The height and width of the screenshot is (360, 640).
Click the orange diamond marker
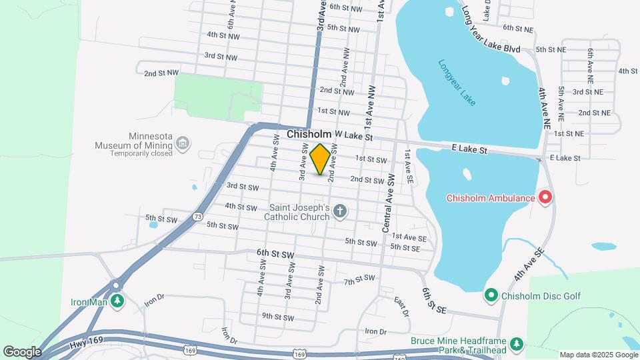pos(320,159)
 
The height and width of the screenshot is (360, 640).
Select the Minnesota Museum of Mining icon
pos(182,143)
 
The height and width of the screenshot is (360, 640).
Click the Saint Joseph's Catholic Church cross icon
pos(340,212)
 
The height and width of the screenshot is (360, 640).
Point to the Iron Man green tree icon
pos(117,301)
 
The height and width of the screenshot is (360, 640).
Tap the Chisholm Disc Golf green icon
pos(491,294)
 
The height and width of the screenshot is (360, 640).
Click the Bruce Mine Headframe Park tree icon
pos(516,344)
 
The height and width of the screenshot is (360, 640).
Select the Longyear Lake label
pos(457,83)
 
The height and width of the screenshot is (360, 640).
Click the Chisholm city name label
pos(309,135)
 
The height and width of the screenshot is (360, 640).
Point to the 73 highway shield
pos(197,217)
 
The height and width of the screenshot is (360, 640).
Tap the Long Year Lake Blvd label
pos(490,31)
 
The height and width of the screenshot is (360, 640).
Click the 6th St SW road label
pos(275,255)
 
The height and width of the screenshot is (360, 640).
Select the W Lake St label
pos(353,135)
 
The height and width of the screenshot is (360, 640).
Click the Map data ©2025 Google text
pos(597,355)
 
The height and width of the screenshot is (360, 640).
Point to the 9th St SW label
pos(277,317)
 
